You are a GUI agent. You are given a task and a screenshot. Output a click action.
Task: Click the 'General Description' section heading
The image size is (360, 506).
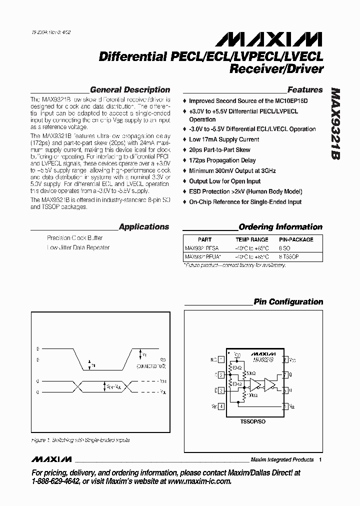point(130,90)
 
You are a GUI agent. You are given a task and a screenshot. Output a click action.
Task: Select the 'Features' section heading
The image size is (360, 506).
point(305,90)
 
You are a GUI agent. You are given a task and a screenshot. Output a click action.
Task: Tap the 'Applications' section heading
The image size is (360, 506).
point(144,226)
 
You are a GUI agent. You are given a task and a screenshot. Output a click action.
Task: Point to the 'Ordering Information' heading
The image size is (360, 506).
point(280,226)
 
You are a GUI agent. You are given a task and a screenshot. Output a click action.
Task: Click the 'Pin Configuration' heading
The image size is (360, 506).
point(288,301)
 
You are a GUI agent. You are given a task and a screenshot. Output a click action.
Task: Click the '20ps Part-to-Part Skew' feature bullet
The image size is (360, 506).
point(219,150)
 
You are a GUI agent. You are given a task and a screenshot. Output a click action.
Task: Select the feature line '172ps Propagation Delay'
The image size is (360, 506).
point(222,160)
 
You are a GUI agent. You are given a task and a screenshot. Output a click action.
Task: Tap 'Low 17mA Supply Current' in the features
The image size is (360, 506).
point(224,139)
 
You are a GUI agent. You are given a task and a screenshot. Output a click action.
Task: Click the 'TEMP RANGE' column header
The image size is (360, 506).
point(251,239)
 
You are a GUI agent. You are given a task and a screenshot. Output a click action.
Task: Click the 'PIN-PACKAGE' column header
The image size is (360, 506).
point(296,239)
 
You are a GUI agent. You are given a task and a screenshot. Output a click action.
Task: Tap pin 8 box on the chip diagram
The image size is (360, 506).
point(285,359)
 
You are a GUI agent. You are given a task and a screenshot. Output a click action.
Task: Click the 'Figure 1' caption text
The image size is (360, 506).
point(80,440)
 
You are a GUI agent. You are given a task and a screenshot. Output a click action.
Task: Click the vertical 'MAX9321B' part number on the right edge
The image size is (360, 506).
point(335,124)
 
